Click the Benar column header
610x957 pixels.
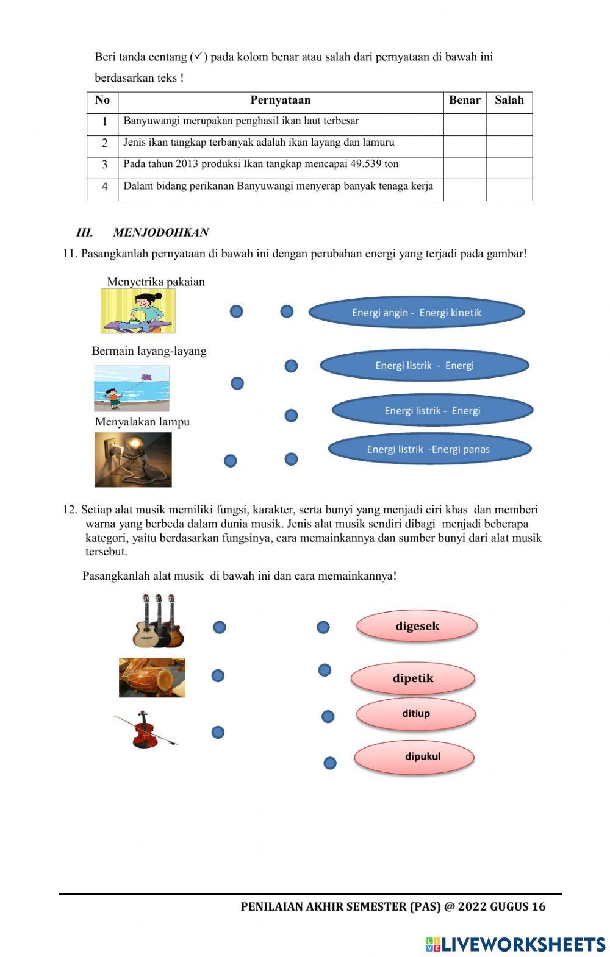point(465,101)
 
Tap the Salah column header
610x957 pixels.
point(509,101)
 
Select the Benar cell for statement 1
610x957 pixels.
point(465,124)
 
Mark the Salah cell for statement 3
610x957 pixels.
point(509,168)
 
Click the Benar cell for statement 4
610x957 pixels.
point(465,190)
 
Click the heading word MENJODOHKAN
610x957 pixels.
point(161,232)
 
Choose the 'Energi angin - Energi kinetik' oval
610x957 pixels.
point(417,313)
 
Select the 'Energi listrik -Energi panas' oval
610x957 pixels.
point(429,449)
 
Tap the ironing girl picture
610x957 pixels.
point(138,311)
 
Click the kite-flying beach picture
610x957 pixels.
point(132,388)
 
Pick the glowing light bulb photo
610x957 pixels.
point(133,460)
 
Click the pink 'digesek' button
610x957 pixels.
point(417,626)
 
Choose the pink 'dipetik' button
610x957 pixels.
point(413,678)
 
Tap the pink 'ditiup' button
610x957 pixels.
point(416,714)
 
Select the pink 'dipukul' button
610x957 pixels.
point(415,757)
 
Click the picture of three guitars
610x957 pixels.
point(159,621)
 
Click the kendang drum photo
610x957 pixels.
point(152,677)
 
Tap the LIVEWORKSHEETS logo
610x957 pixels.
point(515,944)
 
